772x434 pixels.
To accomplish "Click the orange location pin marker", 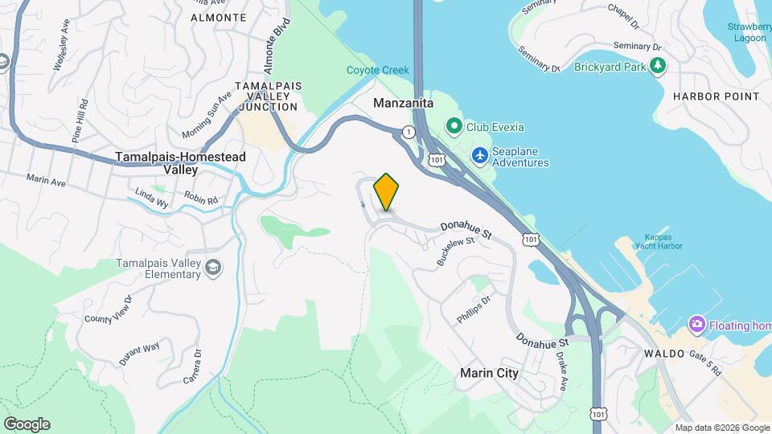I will [386, 191].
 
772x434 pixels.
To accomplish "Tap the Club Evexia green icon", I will [454, 126].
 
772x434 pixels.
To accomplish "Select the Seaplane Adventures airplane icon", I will [481, 154].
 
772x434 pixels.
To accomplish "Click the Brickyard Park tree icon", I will [659, 65].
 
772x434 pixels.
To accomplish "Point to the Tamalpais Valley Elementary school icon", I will [213, 268].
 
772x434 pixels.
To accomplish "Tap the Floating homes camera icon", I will [696, 325].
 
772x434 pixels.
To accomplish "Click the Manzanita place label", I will [404, 104].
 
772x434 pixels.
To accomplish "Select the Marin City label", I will [489, 373].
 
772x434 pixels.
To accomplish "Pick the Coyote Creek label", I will [378, 71].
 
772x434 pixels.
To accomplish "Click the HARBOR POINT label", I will [717, 96].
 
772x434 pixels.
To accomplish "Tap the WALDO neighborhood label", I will [663, 354].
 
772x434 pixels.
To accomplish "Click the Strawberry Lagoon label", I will [749, 31].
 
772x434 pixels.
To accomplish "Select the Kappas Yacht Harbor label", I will [663, 242].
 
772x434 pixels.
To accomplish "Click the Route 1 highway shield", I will [409, 131].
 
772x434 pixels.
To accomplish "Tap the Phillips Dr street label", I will [473, 309].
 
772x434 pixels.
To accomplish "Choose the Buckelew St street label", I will [450, 252].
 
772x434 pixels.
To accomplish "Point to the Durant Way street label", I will [139, 353].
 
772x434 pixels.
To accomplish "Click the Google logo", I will [27, 424].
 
